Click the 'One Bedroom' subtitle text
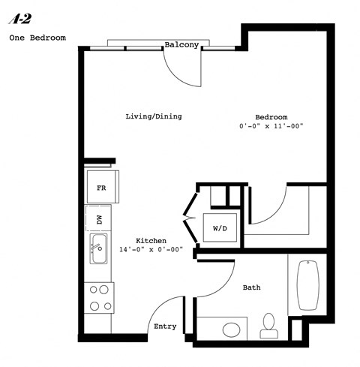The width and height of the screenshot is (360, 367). (37, 37)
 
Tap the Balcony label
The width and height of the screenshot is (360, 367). (181, 44)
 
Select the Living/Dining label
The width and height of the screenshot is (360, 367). (153, 116)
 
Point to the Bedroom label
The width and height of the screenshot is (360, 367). (271, 117)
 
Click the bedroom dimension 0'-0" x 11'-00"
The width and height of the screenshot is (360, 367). (271, 126)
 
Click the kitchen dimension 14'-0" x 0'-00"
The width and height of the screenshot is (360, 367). (151, 249)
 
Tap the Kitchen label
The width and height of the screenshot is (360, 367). (151, 240)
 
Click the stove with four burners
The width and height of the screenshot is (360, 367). (99, 296)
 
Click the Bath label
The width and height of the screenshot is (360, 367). (251, 287)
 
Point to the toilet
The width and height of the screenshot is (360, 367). (268, 324)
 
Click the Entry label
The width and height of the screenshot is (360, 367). (165, 326)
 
